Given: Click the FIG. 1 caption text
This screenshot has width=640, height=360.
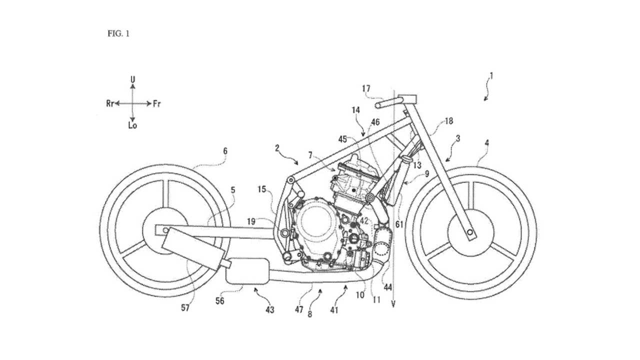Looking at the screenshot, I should (118, 34).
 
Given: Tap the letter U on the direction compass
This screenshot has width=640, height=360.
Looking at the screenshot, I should (132, 79).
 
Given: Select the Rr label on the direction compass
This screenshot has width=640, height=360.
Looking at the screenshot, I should (110, 103).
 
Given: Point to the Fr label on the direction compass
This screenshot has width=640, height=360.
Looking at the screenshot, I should (156, 103).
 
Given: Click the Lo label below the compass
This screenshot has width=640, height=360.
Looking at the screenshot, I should (132, 125).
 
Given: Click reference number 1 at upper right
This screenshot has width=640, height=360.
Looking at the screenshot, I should (491, 76).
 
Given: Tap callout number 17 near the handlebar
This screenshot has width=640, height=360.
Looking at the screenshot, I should (366, 88).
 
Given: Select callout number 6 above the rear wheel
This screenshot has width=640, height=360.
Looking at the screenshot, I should (225, 149).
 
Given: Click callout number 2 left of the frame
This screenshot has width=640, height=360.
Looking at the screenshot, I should (276, 148).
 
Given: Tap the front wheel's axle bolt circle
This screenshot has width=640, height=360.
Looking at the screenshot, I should (470, 231).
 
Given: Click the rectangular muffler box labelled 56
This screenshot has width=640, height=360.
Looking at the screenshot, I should (246, 270).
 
